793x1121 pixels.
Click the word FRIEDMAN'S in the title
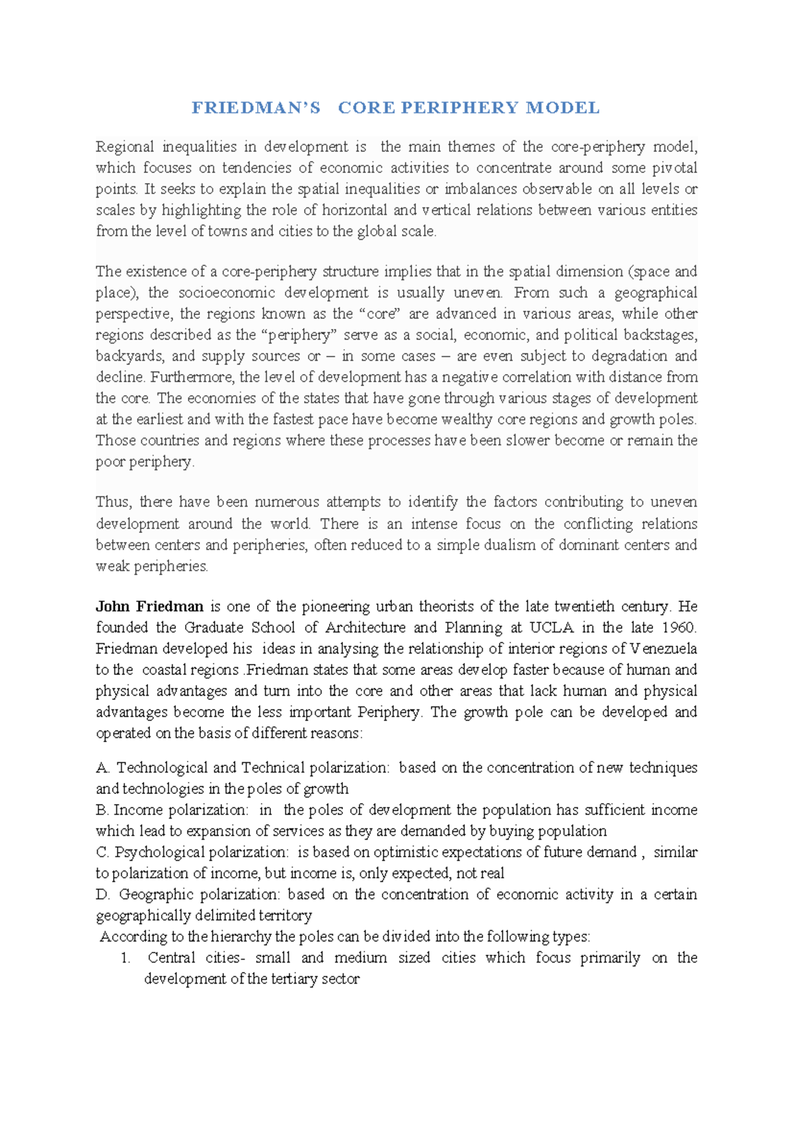click(x=256, y=108)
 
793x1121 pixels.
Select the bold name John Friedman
click(x=149, y=606)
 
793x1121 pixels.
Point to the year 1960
click(x=678, y=628)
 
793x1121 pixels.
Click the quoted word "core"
click(x=381, y=314)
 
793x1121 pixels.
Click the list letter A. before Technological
click(x=102, y=768)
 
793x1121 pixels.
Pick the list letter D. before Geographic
click(x=102, y=894)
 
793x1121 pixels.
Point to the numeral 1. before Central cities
click(x=126, y=958)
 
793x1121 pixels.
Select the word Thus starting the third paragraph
click(x=114, y=502)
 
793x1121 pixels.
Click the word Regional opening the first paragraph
click(x=125, y=147)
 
